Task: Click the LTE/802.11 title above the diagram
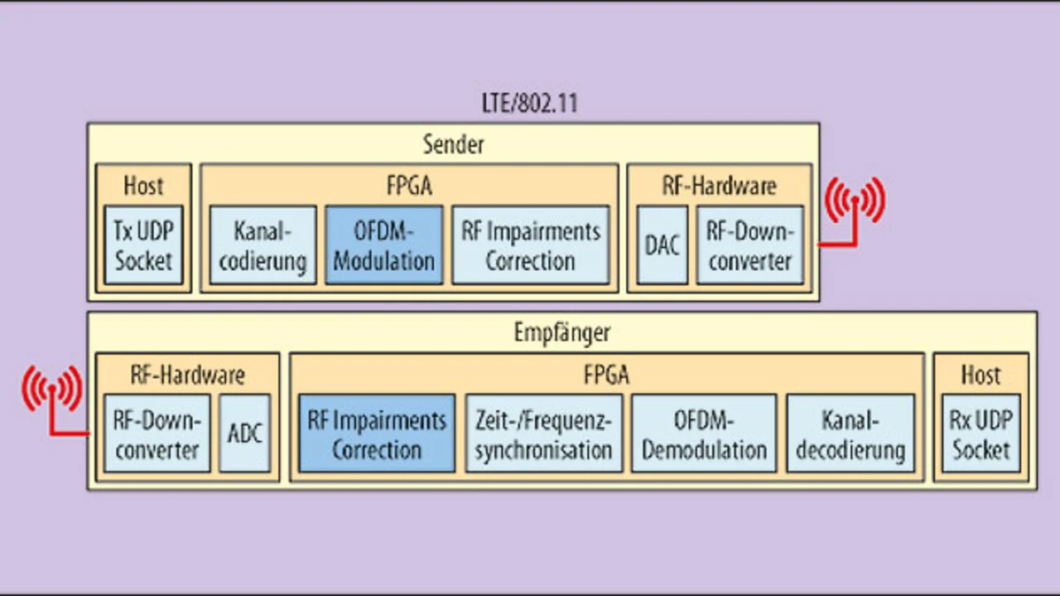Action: pos(529,104)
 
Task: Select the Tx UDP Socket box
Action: pos(143,245)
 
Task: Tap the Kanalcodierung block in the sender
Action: pos(263,245)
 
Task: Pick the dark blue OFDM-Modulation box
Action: pos(383,245)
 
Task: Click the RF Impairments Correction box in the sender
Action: pos(531,245)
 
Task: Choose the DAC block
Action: pos(662,245)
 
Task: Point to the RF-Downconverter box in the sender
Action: pos(750,245)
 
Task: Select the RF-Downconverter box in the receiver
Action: pos(157,434)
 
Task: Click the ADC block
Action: pos(244,434)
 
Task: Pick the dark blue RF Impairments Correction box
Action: pos(377,434)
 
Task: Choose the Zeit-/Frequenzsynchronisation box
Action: pos(544,434)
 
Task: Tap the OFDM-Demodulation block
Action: pos(704,434)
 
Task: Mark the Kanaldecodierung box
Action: pos(850,434)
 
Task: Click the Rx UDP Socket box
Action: pos(981,434)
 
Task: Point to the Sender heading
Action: pos(453,144)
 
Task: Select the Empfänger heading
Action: pos(562,332)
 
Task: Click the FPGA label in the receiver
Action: pos(607,375)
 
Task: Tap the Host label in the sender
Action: pos(143,185)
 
